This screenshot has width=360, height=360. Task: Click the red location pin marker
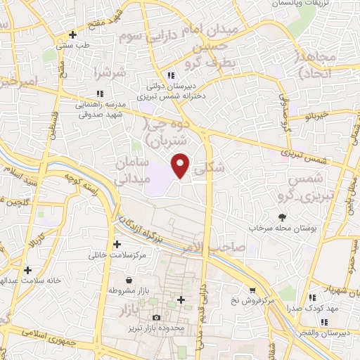pos(181,164)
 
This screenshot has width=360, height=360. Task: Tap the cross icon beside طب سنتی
pos(72,34)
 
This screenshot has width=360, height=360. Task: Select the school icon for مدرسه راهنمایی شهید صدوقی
pos(99,93)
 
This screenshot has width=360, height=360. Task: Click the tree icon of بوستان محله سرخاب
pos(283,217)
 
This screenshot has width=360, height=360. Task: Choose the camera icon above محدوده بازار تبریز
pos(156,319)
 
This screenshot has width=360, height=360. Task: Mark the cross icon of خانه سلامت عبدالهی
pos(27,270)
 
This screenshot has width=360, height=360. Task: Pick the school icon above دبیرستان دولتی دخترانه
pos(171,76)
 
